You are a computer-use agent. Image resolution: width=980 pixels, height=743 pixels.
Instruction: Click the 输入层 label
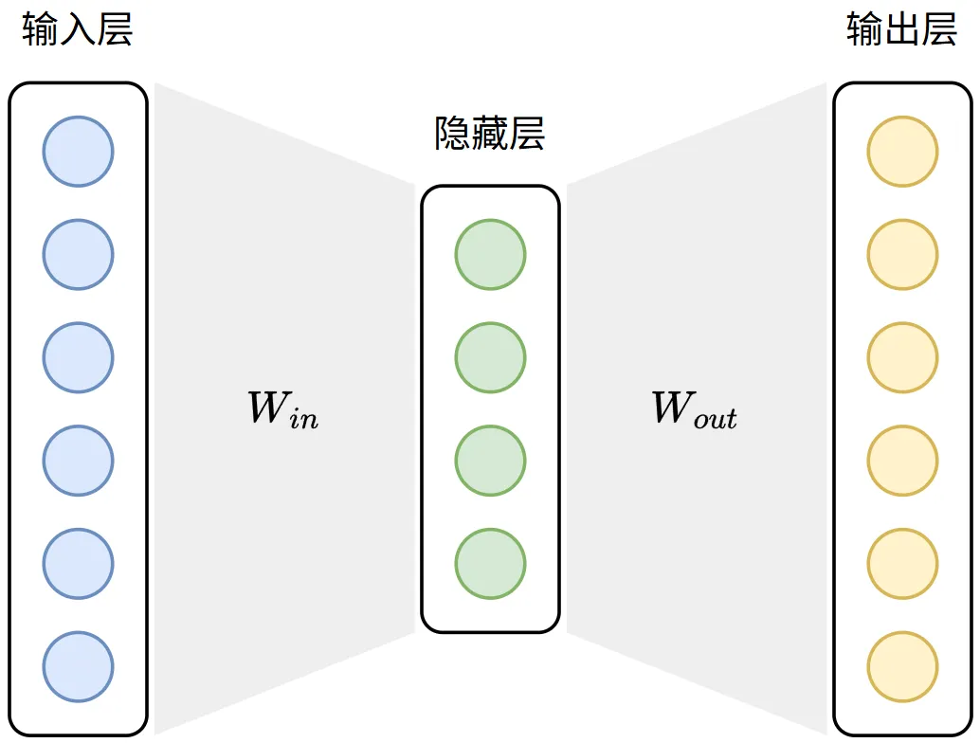pos(78,30)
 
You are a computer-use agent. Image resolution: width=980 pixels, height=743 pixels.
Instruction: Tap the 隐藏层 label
pos(490,135)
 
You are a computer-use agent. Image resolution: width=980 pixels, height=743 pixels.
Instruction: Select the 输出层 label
pos(901,30)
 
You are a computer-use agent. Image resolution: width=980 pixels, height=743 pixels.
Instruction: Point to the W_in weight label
pos(282,408)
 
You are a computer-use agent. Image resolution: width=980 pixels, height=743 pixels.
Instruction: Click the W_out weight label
pos(694,408)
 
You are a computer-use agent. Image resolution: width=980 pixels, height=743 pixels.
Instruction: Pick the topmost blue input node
pos(78,152)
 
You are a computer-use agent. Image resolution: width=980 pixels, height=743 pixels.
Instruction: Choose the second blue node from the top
pos(78,255)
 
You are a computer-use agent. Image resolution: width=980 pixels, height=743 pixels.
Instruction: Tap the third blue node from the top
pos(78,358)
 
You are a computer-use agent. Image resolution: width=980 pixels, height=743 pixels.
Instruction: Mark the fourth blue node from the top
pos(78,462)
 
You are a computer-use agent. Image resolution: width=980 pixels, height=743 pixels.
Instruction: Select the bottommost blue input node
pos(78,667)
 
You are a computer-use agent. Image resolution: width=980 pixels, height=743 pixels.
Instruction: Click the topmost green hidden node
pos(490,255)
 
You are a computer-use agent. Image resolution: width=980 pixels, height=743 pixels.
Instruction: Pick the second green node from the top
pos(490,358)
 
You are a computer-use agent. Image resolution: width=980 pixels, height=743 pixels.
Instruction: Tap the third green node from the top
pos(490,462)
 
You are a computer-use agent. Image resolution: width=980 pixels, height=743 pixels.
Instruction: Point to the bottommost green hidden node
pos(490,564)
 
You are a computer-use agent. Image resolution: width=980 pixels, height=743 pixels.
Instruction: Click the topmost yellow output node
pos(902,152)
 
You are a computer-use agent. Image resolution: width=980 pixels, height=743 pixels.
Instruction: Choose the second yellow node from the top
pos(902,255)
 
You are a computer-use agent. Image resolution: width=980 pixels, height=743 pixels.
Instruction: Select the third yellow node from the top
pos(902,358)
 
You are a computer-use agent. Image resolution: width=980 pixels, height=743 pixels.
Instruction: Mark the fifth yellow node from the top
pos(902,564)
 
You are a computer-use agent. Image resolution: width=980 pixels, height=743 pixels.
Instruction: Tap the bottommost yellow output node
pos(902,667)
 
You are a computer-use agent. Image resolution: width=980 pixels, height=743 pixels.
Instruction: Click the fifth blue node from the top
pos(78,564)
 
